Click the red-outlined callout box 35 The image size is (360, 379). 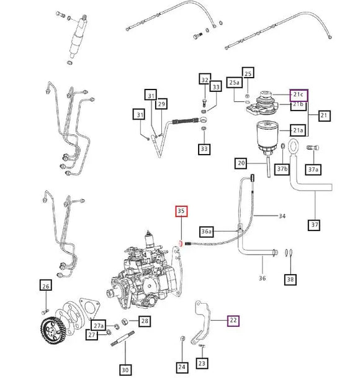coord(181,211)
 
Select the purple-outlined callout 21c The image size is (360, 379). coord(299,94)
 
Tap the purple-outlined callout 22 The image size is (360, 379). coord(233,321)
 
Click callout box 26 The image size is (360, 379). coord(45,286)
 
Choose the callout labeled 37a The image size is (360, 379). coord(313,169)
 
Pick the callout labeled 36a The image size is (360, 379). coord(207,231)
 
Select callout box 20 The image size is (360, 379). coord(241,163)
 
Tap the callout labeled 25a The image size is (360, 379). coord(234,82)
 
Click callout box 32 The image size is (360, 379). coord(205,79)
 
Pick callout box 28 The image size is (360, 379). coord(144,321)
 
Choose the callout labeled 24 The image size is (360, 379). coord(181,367)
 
